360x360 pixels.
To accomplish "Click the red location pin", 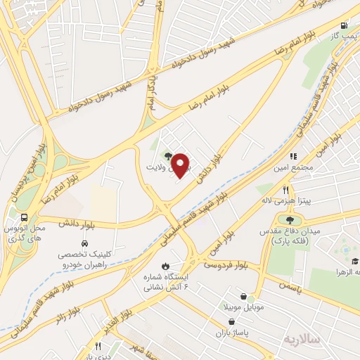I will (x=181, y=165).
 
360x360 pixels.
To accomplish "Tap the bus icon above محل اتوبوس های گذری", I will (x=24, y=217).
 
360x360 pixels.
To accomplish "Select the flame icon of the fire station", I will (x=165, y=266).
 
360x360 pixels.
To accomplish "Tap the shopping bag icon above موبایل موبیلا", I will (x=243, y=297).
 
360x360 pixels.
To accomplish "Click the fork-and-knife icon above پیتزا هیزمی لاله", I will (x=285, y=190).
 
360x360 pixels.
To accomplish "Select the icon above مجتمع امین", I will (x=293, y=156).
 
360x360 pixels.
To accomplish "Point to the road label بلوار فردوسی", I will (x=226, y=265).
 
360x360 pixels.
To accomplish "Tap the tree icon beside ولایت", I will (x=167, y=156).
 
